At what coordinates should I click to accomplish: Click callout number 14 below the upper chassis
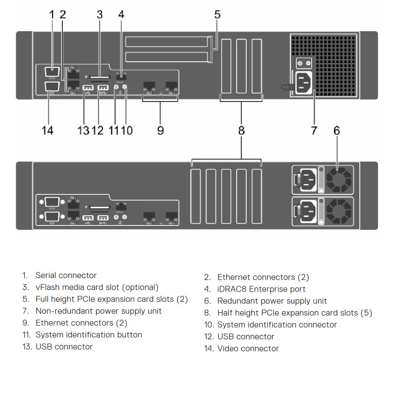[x=48, y=130]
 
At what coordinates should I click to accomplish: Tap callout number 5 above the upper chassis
[x=217, y=15]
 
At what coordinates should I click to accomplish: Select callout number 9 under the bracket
[x=160, y=130]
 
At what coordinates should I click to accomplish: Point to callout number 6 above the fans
[x=337, y=130]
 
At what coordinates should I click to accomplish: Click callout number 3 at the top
[x=100, y=15]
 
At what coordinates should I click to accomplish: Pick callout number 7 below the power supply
[x=314, y=130]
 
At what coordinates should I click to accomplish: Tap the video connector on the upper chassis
[x=52, y=88]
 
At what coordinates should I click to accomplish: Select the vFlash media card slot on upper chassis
[x=100, y=77]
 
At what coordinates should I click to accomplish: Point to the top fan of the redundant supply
[x=339, y=179]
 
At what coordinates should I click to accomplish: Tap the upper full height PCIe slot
[x=166, y=41]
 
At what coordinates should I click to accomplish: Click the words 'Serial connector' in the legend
[x=66, y=275]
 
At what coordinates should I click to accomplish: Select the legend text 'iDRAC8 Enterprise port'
[x=261, y=289]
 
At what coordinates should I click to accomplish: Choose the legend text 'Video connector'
[x=248, y=348]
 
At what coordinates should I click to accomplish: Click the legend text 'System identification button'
[x=89, y=335]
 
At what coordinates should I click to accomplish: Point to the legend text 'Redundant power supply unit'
[x=272, y=301]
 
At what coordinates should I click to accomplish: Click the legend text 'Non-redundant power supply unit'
[x=98, y=311]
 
